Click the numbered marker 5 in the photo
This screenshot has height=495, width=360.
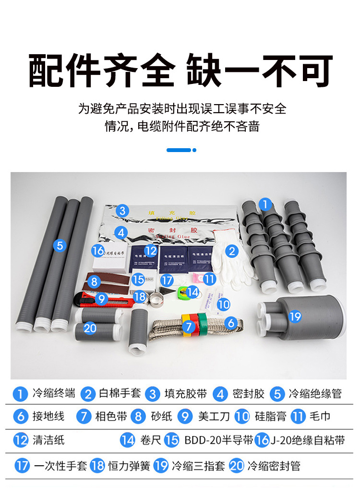[60, 246]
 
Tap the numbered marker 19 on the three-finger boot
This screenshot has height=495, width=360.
[295, 316]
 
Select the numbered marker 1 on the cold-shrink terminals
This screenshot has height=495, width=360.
[264, 204]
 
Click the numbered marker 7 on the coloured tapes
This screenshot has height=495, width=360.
[189, 327]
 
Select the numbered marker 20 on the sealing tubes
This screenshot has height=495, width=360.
[90, 328]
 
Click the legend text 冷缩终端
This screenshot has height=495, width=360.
[54, 394]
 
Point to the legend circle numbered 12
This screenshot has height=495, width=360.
[21, 440]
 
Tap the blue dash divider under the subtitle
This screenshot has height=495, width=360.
[181, 150]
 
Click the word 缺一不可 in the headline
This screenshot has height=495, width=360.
[259, 71]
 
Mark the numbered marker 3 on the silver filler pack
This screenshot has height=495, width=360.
[123, 211]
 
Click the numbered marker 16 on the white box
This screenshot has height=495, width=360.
[98, 250]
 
